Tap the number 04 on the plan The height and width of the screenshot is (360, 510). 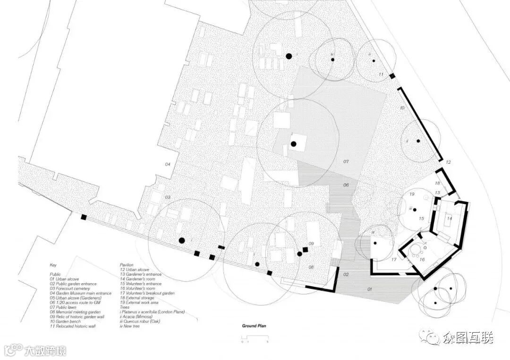tap(167, 164)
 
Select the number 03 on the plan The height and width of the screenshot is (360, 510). tap(167, 197)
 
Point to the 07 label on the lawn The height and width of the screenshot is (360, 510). tap(346, 161)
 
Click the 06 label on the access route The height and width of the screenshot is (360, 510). tap(346, 185)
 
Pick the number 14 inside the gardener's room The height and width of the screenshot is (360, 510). tap(450, 218)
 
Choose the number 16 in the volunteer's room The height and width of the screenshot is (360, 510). tap(422, 260)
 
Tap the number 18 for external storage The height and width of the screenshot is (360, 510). tap(437, 183)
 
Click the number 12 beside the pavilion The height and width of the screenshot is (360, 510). tap(448, 162)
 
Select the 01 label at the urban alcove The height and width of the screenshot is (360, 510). tap(370, 289)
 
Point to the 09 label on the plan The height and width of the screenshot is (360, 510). tap(311, 243)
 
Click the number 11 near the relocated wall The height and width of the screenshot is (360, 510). tap(381, 75)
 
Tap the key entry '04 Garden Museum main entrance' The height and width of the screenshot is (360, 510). tap(81, 293)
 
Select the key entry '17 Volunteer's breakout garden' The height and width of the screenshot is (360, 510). tap(147, 293)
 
